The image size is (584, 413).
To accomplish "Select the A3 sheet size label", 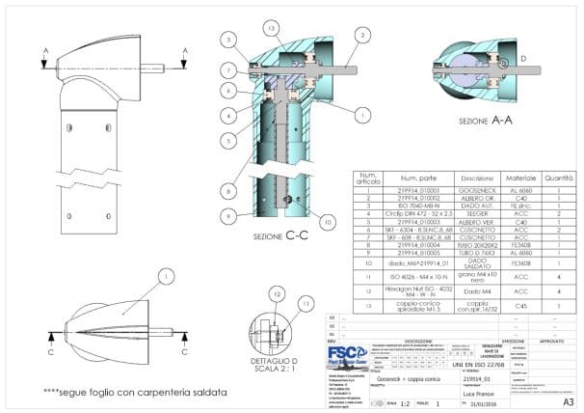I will tap(568, 399).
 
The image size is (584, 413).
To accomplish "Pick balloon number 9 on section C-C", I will tap(227, 214).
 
